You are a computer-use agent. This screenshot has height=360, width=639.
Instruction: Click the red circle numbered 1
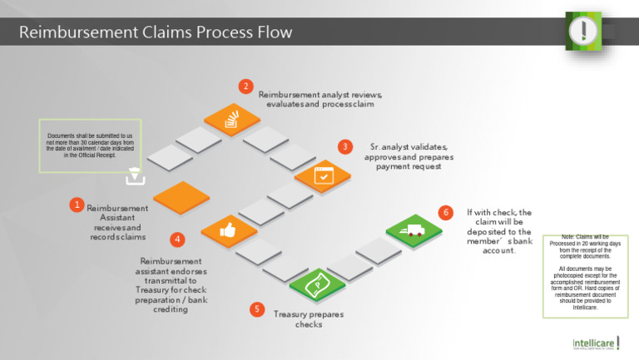click(77, 205)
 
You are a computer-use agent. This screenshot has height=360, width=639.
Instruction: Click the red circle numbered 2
click(245, 86)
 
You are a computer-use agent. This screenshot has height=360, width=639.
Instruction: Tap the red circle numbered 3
click(345, 146)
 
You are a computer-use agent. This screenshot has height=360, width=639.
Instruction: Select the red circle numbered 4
click(177, 239)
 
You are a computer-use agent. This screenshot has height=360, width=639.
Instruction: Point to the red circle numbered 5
click(257, 309)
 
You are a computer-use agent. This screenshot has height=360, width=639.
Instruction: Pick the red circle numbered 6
click(446, 213)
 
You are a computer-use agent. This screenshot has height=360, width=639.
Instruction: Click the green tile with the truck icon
click(412, 232)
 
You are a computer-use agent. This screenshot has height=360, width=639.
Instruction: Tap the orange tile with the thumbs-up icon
click(228, 230)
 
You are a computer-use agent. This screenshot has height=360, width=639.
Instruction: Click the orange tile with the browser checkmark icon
click(320, 175)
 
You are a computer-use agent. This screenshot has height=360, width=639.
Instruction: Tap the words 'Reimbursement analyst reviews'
click(319, 95)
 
